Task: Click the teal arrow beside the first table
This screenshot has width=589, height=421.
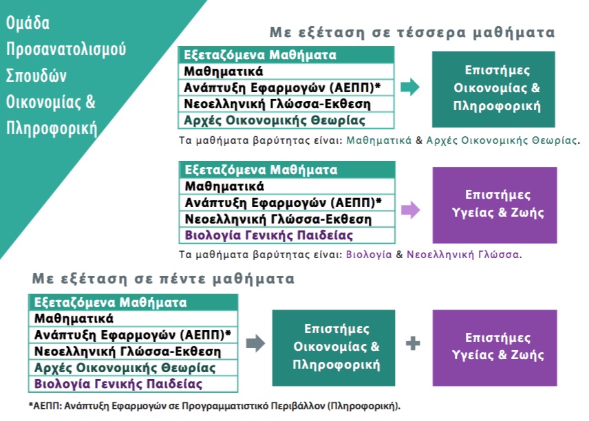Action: (410, 87)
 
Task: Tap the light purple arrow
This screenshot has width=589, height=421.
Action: (411, 210)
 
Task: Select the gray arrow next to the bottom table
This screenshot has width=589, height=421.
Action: (256, 343)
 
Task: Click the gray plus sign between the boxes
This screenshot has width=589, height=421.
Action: (413, 343)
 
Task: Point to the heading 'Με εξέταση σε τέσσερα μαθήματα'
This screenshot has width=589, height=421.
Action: (412, 32)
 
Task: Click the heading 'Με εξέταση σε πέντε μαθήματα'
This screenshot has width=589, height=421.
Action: (163, 279)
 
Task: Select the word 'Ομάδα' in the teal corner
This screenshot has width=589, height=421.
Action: (28, 23)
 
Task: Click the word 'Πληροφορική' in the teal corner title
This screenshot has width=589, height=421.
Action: (52, 129)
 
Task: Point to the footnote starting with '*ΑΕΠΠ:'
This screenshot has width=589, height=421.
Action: (215, 406)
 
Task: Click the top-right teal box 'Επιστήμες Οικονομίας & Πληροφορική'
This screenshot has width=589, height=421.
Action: (493, 89)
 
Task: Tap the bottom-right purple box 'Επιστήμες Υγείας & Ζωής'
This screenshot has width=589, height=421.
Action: (495, 348)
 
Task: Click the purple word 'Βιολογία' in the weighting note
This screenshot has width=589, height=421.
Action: (369, 255)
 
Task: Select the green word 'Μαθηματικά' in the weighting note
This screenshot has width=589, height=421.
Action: (379, 140)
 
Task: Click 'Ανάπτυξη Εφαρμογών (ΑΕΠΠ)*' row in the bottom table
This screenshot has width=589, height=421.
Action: (133, 335)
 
